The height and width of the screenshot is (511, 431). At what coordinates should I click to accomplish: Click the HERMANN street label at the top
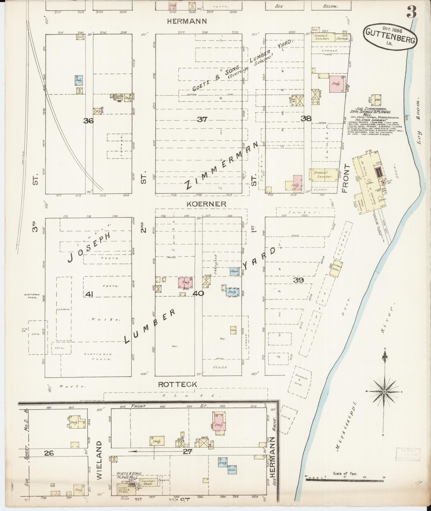(x=187, y=21)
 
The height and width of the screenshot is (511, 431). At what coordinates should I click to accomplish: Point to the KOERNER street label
(x=206, y=204)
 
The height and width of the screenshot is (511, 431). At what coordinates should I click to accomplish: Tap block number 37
(x=202, y=119)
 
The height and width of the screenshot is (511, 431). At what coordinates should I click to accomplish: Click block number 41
(x=89, y=294)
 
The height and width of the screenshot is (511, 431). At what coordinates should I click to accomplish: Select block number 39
(x=299, y=280)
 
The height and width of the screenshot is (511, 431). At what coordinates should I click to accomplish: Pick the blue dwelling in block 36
(x=79, y=80)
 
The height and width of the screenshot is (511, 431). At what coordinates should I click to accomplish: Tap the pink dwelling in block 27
(x=219, y=424)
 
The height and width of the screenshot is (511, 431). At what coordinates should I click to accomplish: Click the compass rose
(x=384, y=391)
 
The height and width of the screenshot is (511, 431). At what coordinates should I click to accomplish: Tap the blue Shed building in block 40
(x=234, y=271)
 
